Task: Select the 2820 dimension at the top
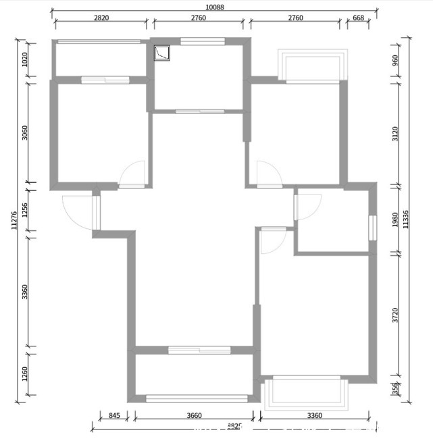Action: (101, 18)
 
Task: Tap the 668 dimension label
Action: (358, 18)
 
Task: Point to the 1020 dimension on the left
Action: (25, 59)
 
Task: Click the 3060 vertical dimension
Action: (25, 132)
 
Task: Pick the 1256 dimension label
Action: (25, 210)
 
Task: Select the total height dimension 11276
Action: (14, 220)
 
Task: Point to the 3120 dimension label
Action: (395, 133)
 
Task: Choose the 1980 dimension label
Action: (395, 220)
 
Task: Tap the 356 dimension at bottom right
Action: (395, 390)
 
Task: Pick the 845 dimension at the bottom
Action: (113, 416)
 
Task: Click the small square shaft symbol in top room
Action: (163, 52)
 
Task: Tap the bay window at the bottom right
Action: (305, 393)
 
